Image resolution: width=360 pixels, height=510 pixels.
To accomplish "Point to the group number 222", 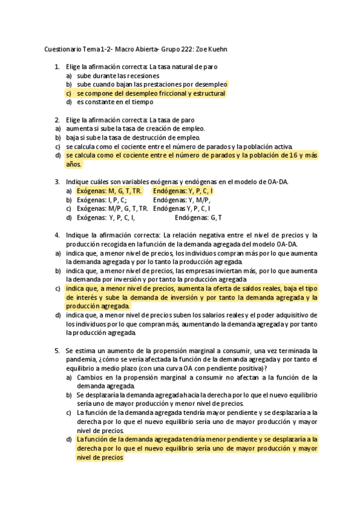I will click(178, 49).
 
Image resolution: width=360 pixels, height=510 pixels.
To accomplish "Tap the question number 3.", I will click(57, 182).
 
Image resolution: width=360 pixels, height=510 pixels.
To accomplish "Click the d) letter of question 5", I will click(69, 440).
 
